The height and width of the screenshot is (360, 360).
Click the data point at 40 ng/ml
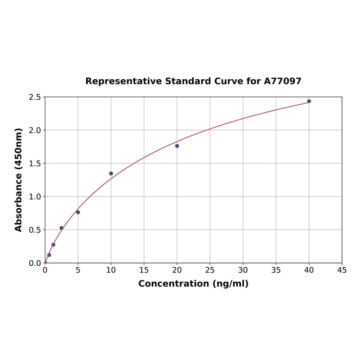click(x=309, y=101)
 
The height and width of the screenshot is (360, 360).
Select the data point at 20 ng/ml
click(x=177, y=146)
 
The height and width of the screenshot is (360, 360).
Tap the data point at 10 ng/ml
click(x=111, y=173)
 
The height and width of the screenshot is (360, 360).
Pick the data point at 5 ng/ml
click(x=78, y=212)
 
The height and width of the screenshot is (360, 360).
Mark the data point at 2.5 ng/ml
click(x=61, y=228)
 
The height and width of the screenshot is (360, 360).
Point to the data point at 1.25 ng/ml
click(x=53, y=245)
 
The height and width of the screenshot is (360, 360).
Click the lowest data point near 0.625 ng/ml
click(x=49, y=255)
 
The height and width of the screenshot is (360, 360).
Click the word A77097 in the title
click(x=282, y=81)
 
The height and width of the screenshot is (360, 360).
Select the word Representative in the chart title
click(x=124, y=81)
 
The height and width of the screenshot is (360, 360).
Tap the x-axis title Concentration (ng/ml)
click(x=193, y=284)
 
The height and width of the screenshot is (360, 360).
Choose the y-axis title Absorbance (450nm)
click(x=19, y=180)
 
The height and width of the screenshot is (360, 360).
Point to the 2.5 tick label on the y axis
click(x=34, y=97)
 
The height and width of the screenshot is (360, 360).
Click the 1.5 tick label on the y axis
click(x=34, y=164)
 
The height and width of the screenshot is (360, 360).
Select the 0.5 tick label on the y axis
click(x=34, y=230)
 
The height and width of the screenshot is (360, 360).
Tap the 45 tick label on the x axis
click(x=342, y=270)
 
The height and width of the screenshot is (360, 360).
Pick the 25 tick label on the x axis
click(x=210, y=270)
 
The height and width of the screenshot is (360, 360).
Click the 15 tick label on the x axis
click(x=144, y=270)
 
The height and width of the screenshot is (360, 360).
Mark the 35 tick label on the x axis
click(x=276, y=270)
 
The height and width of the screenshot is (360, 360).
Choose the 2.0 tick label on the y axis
click(x=34, y=130)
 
